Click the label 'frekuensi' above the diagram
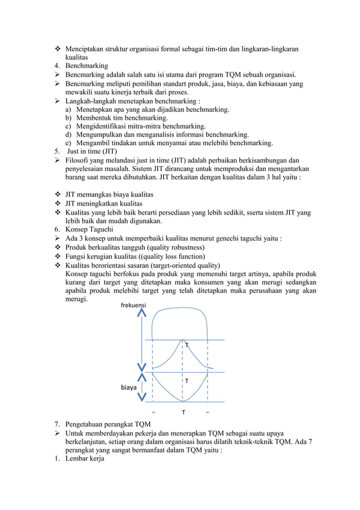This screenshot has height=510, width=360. pyautogui.click(x=133, y=305)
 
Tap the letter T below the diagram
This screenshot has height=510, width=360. pyautogui.click(x=183, y=412)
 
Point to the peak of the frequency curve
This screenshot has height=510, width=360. pyautogui.click(x=182, y=339)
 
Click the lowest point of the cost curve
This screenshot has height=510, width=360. pyautogui.click(x=182, y=402)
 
